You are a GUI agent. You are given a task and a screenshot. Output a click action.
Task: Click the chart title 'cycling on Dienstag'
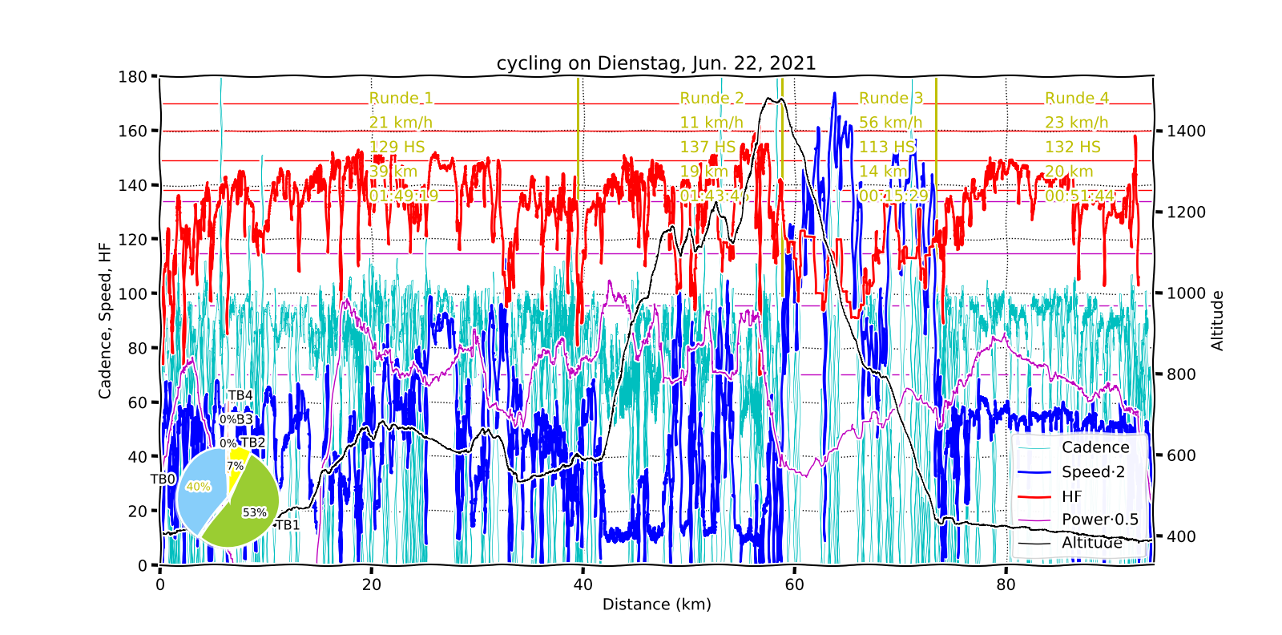[656, 63]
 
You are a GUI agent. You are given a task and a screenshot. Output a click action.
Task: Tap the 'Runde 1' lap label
[401, 99]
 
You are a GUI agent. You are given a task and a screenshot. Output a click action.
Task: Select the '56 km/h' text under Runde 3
[890, 123]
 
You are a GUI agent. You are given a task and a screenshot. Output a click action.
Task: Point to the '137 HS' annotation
[708, 147]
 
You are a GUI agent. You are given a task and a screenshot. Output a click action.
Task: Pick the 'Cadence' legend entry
[1095, 447]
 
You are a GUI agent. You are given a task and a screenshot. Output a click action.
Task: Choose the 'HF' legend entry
[1071, 496]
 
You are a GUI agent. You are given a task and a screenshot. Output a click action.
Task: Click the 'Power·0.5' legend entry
[1099, 520]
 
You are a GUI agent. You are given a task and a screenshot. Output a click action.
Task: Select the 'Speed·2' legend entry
[1093, 472]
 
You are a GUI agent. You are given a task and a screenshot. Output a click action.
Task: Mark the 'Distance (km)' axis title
[656, 605]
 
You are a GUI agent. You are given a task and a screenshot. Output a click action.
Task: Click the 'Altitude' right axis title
[1217, 321]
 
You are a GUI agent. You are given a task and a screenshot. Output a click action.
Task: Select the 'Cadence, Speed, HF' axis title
[105, 321]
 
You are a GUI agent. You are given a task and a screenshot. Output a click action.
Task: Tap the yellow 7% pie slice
[236, 467]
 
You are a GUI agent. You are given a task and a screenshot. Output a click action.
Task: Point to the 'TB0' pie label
[163, 479]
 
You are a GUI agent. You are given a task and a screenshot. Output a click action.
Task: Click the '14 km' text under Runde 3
[883, 172]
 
